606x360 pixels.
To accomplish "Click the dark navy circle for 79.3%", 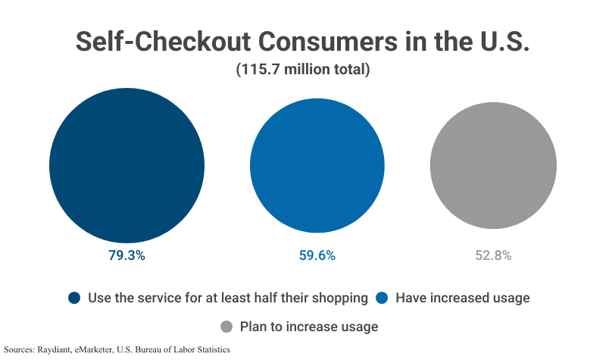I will coord(127,164).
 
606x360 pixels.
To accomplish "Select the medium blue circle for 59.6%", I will coord(317,164).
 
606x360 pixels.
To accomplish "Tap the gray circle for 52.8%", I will coord(493,165).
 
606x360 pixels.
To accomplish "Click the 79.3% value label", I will coord(127,255).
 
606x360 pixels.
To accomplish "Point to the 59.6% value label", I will coord(317,255).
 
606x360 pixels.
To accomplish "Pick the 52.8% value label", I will coord(493,255).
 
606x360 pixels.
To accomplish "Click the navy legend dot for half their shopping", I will coord(74,298).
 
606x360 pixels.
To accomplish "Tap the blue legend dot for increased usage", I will coord(382,298).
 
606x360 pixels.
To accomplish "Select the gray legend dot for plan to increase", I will coord(226,327).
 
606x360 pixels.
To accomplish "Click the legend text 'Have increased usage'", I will coord(462,298).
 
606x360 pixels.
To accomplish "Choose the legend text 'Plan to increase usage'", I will coord(308,327).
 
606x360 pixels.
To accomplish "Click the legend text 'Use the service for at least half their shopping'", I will coord(228,298).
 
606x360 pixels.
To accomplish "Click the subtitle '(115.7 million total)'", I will coord(302,70).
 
